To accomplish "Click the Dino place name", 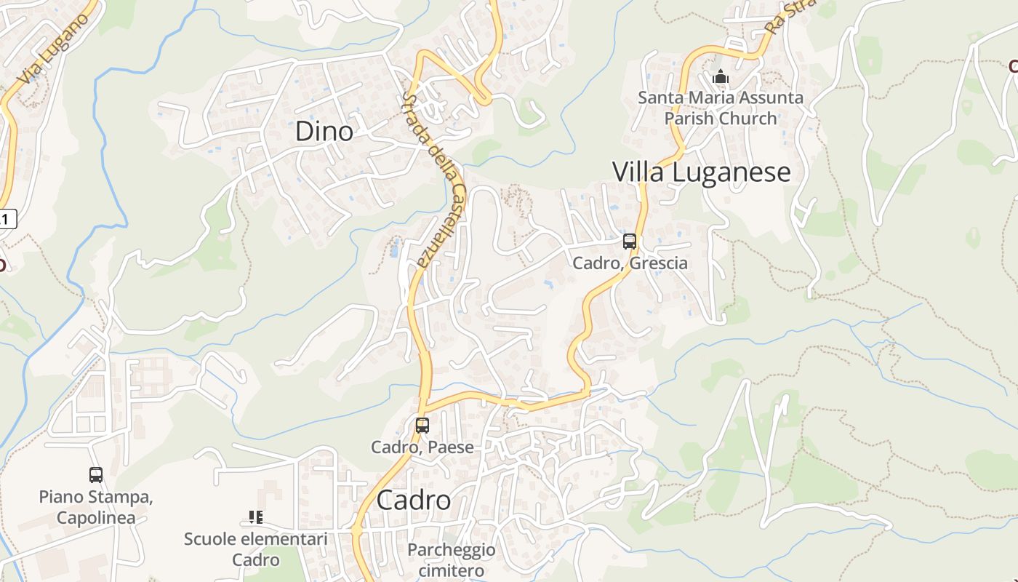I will pyautogui.click(x=324, y=132).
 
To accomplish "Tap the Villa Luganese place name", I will pyautogui.click(x=701, y=172).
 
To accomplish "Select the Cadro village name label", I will pyautogui.click(x=413, y=501).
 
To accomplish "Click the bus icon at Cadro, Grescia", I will pyautogui.click(x=630, y=242).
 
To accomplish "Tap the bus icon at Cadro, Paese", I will pyautogui.click(x=422, y=426).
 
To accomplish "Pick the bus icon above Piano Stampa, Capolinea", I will pyautogui.click(x=96, y=475).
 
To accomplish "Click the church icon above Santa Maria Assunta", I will pyautogui.click(x=721, y=76).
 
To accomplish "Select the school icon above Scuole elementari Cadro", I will pyautogui.click(x=255, y=517).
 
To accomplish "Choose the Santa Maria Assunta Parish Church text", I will pyautogui.click(x=721, y=108).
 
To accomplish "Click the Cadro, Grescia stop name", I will pyautogui.click(x=630, y=263).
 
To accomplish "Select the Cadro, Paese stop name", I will pyautogui.click(x=422, y=447).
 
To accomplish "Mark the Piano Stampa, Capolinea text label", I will pyautogui.click(x=96, y=507).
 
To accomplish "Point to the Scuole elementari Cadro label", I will pyautogui.click(x=255, y=549).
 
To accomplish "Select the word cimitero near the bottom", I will pyautogui.click(x=451, y=570).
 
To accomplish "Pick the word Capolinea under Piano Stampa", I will pyautogui.click(x=96, y=517).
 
